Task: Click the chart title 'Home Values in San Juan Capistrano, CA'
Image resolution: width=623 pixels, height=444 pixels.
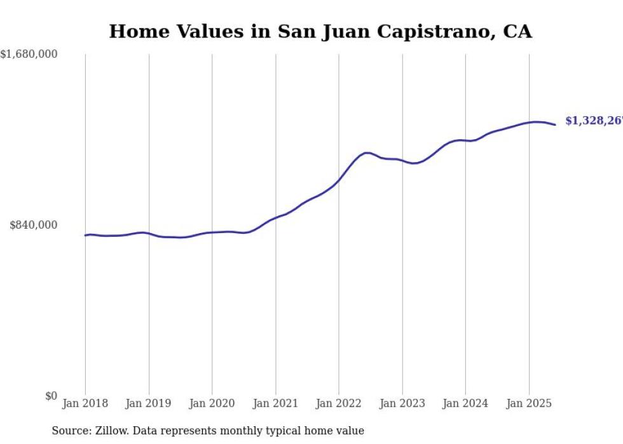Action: point(320,31)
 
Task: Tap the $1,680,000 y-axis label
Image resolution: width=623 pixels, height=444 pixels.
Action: point(29,55)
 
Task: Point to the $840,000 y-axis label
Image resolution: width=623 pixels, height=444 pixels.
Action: point(34,225)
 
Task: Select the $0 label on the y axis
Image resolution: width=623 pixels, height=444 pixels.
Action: point(51,396)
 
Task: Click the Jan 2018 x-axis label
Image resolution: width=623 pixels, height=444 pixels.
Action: point(85,403)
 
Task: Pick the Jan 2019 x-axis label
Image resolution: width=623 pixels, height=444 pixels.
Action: point(149,403)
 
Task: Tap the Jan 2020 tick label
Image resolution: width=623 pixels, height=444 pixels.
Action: point(212,403)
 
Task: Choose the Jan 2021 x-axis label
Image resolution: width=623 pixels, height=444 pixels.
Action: point(275,403)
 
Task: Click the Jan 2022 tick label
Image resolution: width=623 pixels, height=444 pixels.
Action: point(339,403)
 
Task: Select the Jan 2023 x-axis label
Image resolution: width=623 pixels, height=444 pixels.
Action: point(402,403)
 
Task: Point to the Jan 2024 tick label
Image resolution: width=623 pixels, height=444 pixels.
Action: point(465,403)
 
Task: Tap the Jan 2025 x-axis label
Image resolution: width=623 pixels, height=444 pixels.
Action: point(529,403)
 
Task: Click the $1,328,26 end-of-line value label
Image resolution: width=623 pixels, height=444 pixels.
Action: point(593,121)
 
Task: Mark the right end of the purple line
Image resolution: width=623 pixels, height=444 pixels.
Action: point(556,124)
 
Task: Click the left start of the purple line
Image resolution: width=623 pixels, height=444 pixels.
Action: point(85,235)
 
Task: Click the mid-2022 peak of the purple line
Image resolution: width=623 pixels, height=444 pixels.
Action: point(367,152)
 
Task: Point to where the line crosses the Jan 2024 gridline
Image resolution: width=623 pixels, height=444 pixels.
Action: point(465,140)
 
